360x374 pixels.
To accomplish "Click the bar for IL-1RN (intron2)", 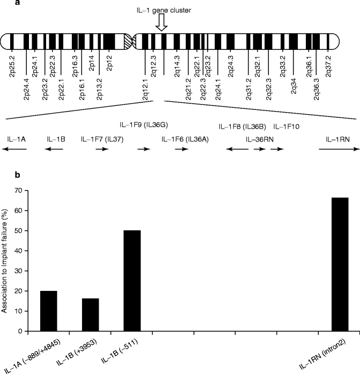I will pos(340,264).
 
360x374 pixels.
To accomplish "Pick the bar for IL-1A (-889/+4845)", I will pos(49,311).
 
